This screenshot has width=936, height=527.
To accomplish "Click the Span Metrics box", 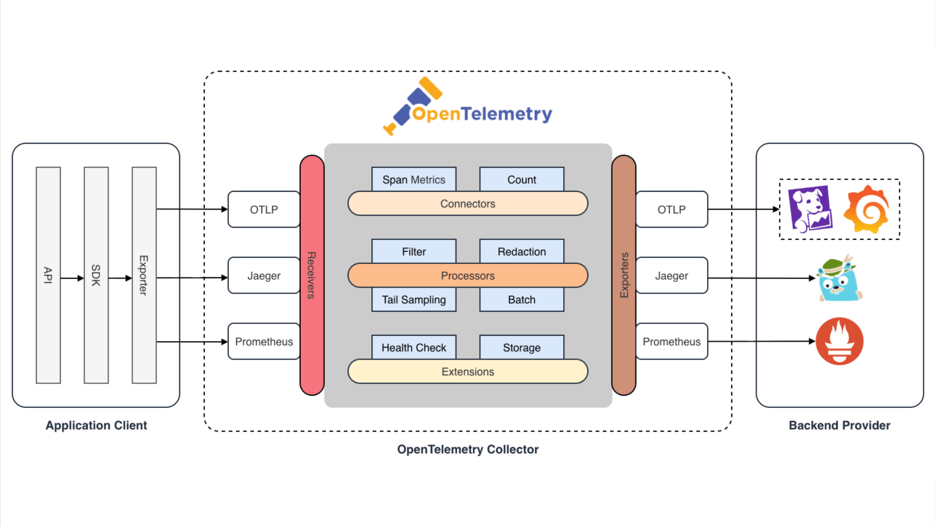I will [x=413, y=179].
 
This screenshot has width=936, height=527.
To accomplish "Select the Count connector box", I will [x=522, y=179].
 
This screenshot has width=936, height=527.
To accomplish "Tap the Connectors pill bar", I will [x=468, y=203].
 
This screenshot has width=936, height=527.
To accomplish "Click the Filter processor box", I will [x=413, y=251].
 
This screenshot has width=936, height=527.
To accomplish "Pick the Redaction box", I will [x=522, y=251].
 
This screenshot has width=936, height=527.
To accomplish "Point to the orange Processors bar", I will [x=468, y=276].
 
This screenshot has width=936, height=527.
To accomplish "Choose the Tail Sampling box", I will [x=413, y=300].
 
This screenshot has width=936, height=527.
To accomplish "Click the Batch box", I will [x=522, y=300].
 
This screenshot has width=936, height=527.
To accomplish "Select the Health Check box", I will [x=413, y=347].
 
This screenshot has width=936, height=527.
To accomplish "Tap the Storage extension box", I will [x=522, y=347].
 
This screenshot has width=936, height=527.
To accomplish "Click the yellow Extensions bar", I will [x=468, y=372].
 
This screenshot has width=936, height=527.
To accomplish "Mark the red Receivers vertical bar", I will [x=312, y=275].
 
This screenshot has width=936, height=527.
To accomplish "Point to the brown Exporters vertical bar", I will [x=624, y=275].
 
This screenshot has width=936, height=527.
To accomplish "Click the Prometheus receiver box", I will [x=264, y=342].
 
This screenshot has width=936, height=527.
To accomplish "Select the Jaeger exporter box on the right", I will [x=671, y=276].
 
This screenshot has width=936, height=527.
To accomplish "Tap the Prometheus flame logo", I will [x=839, y=342].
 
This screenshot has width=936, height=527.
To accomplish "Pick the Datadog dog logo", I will [x=810, y=209].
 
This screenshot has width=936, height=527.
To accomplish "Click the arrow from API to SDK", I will [x=72, y=278].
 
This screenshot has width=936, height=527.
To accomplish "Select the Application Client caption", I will [x=96, y=426].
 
